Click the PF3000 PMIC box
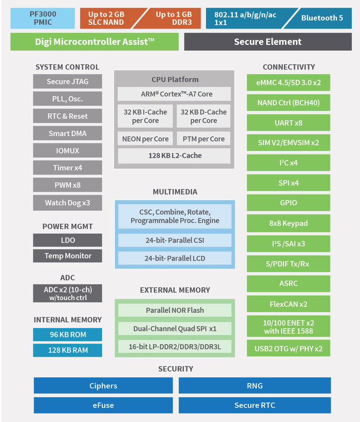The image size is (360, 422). (42, 18)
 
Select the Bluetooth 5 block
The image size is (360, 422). (322, 18)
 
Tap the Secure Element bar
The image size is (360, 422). (268, 42)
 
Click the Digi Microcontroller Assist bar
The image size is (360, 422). (94, 42)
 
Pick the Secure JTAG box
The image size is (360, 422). (67, 82)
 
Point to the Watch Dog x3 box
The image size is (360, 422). (67, 203)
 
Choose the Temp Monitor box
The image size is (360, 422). (67, 256)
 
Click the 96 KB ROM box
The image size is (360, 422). (67, 334)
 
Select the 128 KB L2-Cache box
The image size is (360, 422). (174, 156)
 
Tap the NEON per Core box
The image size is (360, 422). (144, 139)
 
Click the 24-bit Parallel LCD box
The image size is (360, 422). (174, 258)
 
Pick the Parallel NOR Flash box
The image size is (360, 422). (174, 310)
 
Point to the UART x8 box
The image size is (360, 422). (288, 123)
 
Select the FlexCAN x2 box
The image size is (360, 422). (288, 304)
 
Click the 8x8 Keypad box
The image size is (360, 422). (288, 223)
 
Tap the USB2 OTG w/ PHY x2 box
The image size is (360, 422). (288, 348)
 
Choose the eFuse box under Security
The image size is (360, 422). (103, 405)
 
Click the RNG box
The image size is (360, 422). (255, 386)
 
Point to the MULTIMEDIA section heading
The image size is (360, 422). (174, 192)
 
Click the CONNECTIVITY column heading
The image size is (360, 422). (288, 67)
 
